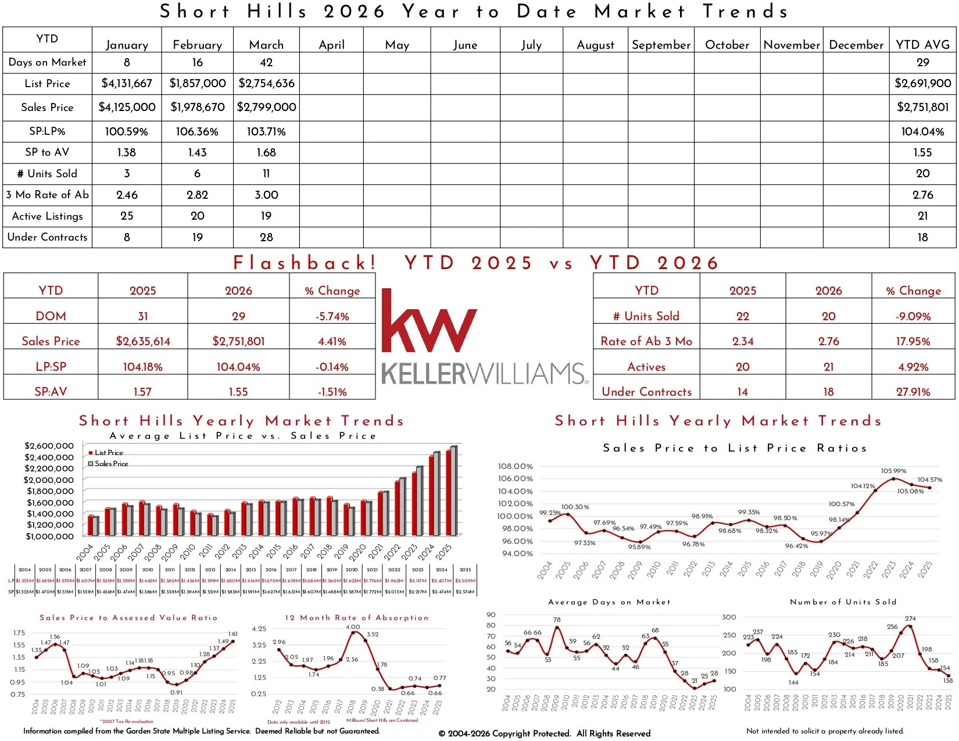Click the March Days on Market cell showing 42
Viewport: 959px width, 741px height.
tap(266, 62)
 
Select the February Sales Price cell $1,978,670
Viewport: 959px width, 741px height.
tap(198, 108)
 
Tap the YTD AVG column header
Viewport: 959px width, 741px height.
tap(922, 45)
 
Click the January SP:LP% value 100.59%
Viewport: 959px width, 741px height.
tap(127, 132)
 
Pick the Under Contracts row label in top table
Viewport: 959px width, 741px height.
tap(47, 237)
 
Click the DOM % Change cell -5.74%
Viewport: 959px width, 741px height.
tap(332, 317)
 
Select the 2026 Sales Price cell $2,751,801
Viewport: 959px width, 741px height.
tap(238, 342)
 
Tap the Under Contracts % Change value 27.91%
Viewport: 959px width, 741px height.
tap(913, 392)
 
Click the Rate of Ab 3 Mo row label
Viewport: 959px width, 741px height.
tap(646, 342)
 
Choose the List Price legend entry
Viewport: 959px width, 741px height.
tap(108, 453)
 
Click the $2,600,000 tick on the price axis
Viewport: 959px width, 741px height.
tap(49, 446)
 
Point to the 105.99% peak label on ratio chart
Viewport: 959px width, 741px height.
tap(893, 471)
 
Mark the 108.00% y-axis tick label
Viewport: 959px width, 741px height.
tap(515, 466)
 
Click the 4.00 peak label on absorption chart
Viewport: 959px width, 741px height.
tap(353, 627)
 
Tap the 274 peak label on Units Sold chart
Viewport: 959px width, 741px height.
tap(910, 618)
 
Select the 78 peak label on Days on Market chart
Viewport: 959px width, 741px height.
tap(557, 620)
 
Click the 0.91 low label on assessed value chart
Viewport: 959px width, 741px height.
tap(176, 692)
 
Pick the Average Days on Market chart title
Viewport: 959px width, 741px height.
tap(609, 602)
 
